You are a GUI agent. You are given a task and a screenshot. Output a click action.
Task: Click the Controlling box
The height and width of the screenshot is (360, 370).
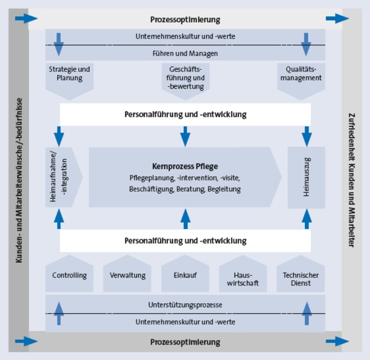(69, 275)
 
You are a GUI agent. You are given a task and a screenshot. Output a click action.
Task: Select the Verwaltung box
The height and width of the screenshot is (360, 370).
(127, 275)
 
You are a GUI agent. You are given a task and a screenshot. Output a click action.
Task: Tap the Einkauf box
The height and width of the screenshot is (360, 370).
(185, 275)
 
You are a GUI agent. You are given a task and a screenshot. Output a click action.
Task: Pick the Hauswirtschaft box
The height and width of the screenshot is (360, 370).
(243, 278)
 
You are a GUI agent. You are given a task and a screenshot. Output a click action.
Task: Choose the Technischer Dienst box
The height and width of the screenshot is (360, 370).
(301, 278)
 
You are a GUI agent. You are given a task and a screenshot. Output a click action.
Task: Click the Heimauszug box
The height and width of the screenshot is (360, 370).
(306, 176)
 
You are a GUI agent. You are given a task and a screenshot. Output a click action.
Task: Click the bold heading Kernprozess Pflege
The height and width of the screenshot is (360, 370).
(185, 166)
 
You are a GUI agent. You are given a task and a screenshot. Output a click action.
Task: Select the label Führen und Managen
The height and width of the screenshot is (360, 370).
(185, 53)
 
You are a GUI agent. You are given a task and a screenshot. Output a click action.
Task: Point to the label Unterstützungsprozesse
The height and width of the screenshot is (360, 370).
(185, 305)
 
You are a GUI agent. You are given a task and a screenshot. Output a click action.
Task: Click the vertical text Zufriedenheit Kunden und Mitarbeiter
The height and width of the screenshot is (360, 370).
(351, 180)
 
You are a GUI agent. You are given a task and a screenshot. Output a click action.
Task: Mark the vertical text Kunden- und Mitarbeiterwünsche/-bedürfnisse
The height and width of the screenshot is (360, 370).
(19, 180)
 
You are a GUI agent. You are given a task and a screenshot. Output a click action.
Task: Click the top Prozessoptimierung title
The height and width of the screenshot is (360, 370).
(185, 20)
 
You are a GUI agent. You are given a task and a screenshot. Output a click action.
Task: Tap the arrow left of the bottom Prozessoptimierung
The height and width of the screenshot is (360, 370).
(26, 341)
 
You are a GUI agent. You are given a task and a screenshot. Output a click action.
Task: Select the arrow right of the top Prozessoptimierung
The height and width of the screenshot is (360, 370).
(337, 19)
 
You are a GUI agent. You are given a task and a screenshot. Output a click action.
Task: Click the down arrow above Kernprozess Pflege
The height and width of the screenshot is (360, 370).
(185, 136)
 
